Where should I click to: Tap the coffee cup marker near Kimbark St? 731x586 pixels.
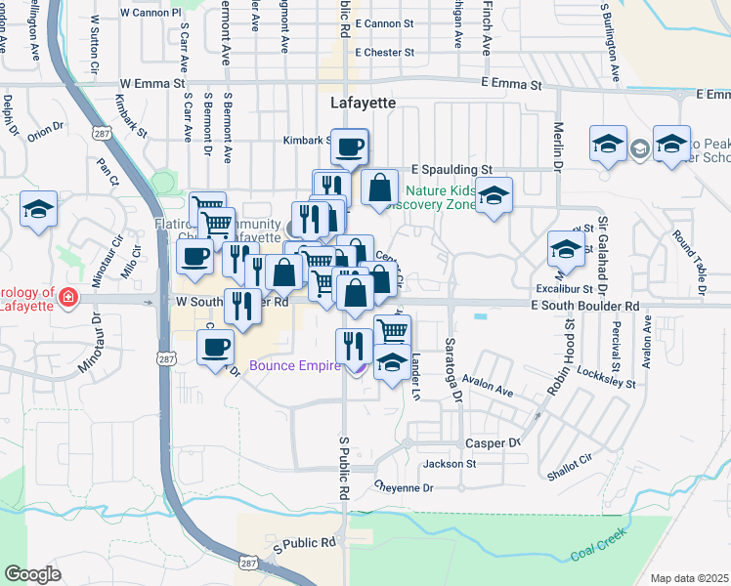[350, 147]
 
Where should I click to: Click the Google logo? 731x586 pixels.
[32, 574]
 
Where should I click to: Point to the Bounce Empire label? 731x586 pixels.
[294, 367]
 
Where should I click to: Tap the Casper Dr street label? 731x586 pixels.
[494, 442]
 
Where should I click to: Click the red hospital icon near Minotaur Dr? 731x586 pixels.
[67, 297]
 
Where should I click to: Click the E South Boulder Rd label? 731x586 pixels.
[584, 306]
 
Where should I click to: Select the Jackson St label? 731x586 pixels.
[450, 463]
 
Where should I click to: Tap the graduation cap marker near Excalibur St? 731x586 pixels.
[566, 250]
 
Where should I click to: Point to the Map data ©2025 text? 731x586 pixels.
[690, 578]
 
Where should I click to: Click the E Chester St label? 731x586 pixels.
[386, 53]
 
